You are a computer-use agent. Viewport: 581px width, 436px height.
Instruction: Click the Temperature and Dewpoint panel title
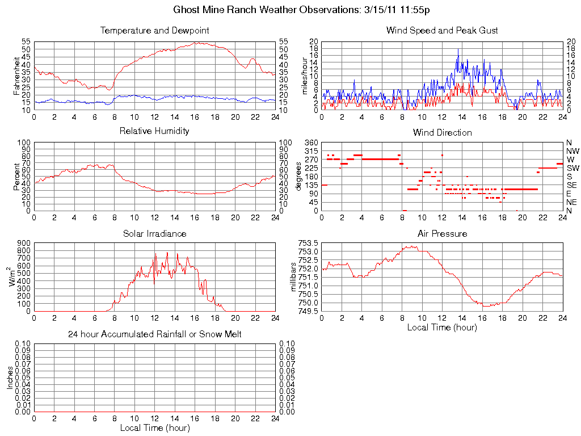tap(154, 31)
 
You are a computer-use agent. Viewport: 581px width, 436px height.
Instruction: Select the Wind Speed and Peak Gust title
tap(442, 31)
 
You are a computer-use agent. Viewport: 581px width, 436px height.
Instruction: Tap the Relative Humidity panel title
tap(154, 131)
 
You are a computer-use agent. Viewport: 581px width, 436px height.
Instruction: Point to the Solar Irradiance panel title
tap(154, 234)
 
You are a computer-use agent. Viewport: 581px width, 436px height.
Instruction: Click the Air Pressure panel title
tap(442, 234)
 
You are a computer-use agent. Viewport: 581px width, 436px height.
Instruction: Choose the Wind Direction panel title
tap(442, 133)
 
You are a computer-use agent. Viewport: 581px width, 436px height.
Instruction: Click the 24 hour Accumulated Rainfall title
tap(154, 334)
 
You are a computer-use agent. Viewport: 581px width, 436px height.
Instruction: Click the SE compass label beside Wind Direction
tap(571, 185)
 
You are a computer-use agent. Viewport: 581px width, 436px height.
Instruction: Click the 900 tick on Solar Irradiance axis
tap(23, 243)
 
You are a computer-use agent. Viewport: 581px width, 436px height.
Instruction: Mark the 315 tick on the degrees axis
tap(311, 151)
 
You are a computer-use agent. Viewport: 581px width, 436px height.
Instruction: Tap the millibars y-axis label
tap(294, 277)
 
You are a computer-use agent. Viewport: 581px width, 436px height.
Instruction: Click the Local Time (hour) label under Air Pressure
tap(442, 327)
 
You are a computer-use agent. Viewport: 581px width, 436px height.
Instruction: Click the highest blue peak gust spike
tap(458, 49)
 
